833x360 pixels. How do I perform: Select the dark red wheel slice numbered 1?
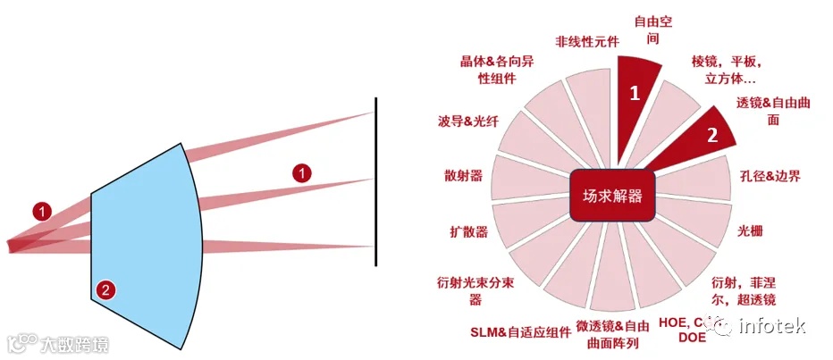(x=636, y=91)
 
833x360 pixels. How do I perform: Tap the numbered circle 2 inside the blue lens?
(x=105, y=289)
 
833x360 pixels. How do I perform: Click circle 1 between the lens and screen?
(x=303, y=173)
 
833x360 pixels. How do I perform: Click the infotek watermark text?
(x=783, y=328)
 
